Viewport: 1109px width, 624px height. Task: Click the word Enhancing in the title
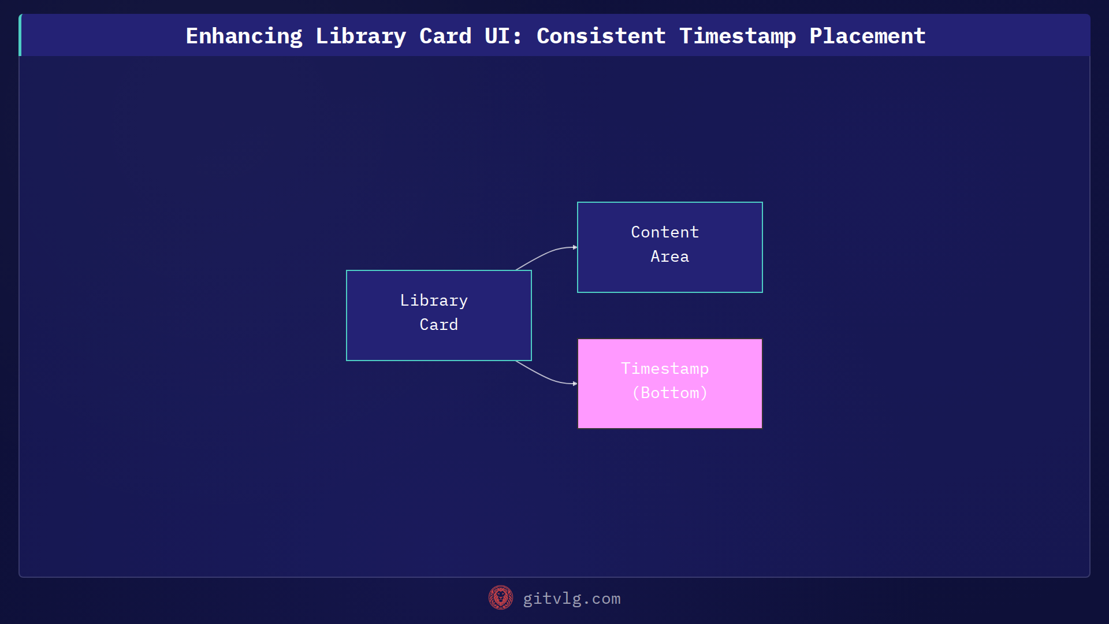pos(244,36)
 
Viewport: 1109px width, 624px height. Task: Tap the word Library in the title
pos(360,36)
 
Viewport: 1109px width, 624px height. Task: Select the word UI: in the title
pos(503,36)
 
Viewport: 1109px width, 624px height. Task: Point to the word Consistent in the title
pos(601,36)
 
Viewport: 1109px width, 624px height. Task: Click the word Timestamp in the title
pos(737,36)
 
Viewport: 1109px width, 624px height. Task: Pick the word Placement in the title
pos(867,36)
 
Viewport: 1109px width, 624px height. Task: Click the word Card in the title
pos(445,36)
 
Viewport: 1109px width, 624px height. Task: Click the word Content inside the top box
pos(665,232)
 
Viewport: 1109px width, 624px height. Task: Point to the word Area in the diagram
pos(669,257)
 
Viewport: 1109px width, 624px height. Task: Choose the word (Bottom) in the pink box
pos(669,393)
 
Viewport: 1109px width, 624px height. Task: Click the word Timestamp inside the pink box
pos(665,369)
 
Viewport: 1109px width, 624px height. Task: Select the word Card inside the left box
pos(438,325)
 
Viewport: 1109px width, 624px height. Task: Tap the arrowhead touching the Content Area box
pos(575,247)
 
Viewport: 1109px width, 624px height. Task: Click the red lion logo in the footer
pos(500,598)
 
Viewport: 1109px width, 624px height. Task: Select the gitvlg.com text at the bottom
pos(571,599)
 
